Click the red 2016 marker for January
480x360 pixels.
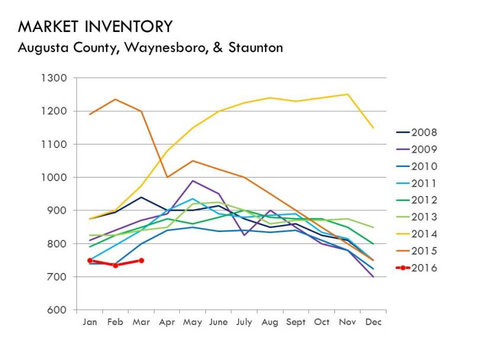[90, 261]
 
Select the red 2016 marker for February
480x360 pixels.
[115, 265]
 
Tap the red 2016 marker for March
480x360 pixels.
[141, 261]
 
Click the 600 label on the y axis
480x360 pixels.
[60, 310]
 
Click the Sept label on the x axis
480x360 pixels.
[296, 322]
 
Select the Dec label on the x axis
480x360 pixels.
[373, 322]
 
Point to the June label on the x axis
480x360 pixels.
[218, 322]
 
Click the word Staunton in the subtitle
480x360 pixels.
[255, 47]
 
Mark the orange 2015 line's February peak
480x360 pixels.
[115, 99]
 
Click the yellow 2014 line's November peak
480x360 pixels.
[347, 94]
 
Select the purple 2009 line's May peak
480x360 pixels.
[193, 181]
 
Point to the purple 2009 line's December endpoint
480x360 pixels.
[373, 277]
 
